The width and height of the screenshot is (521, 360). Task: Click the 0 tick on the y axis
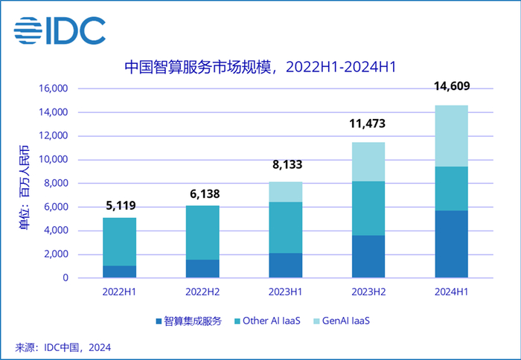(65, 278)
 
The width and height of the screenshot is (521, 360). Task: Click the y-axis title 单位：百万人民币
(25, 183)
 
